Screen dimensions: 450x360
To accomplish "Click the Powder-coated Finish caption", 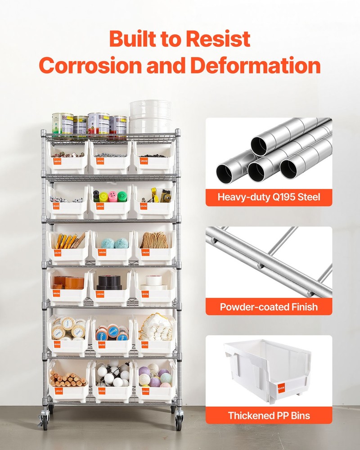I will coord(269,307).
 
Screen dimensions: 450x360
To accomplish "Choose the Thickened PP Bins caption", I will coord(269,415).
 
